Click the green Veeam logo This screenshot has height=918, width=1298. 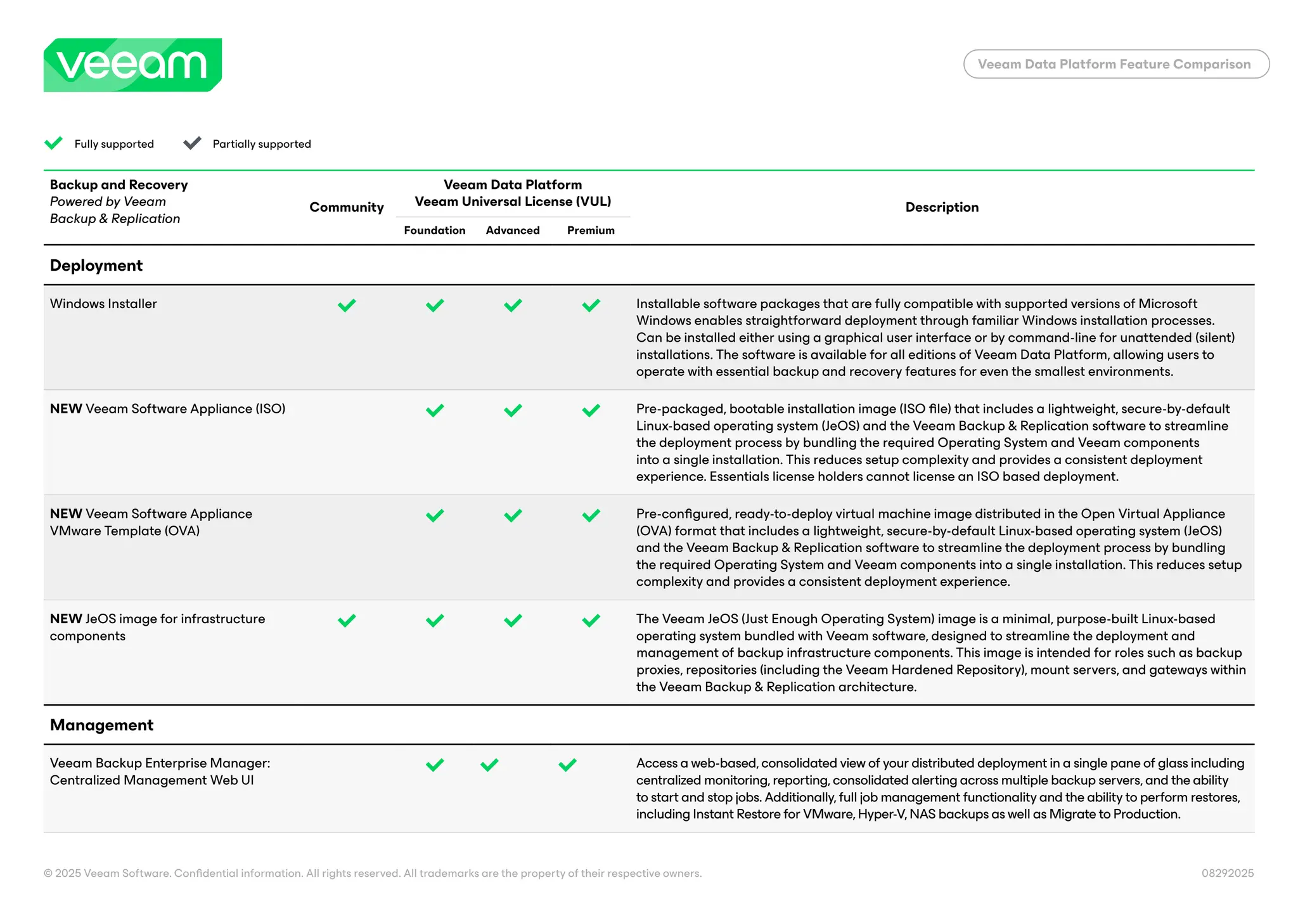pos(132,65)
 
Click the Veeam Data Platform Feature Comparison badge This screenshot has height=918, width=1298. pos(1115,64)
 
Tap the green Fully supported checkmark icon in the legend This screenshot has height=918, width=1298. pos(54,143)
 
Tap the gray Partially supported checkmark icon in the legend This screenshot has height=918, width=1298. pos(192,143)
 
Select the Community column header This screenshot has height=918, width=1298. pos(346,207)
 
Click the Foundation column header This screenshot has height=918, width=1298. pos(434,230)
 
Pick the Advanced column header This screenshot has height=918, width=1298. pos(512,230)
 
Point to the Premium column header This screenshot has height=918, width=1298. pos(590,230)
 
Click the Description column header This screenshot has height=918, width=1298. pos(941,207)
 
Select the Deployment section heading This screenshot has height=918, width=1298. pos(96,266)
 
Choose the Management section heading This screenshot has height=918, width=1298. pos(101,725)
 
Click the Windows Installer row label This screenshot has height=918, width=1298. pos(103,304)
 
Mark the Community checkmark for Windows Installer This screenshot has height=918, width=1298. pos(347,306)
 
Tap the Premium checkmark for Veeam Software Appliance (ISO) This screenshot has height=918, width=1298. pos(591,410)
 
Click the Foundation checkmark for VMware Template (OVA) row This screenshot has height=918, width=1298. pos(435,515)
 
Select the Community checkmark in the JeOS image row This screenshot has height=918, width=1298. pos(347,620)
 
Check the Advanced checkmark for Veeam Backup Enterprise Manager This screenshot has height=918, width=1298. pos(489,765)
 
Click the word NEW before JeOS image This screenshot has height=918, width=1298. pos(66,619)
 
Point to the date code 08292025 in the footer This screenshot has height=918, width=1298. pos(1227,873)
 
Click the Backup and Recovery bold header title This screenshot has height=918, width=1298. pos(119,184)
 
